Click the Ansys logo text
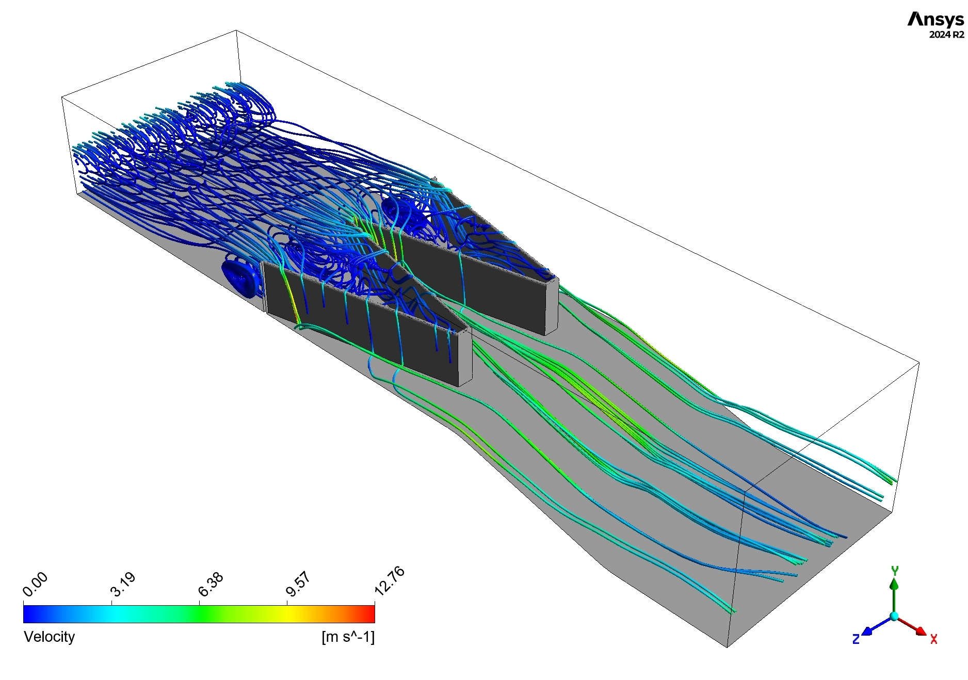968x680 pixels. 935,20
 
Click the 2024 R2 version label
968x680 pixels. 946,35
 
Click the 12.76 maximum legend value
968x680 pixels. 389,580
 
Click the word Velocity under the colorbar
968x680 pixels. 50,637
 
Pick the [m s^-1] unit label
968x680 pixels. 348,637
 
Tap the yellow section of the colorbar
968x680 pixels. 286,614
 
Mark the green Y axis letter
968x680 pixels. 895,571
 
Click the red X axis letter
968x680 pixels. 933,639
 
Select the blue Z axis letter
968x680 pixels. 856,639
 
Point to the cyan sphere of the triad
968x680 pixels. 894,616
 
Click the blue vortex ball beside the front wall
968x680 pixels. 239,278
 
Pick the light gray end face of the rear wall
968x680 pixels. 552,306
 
